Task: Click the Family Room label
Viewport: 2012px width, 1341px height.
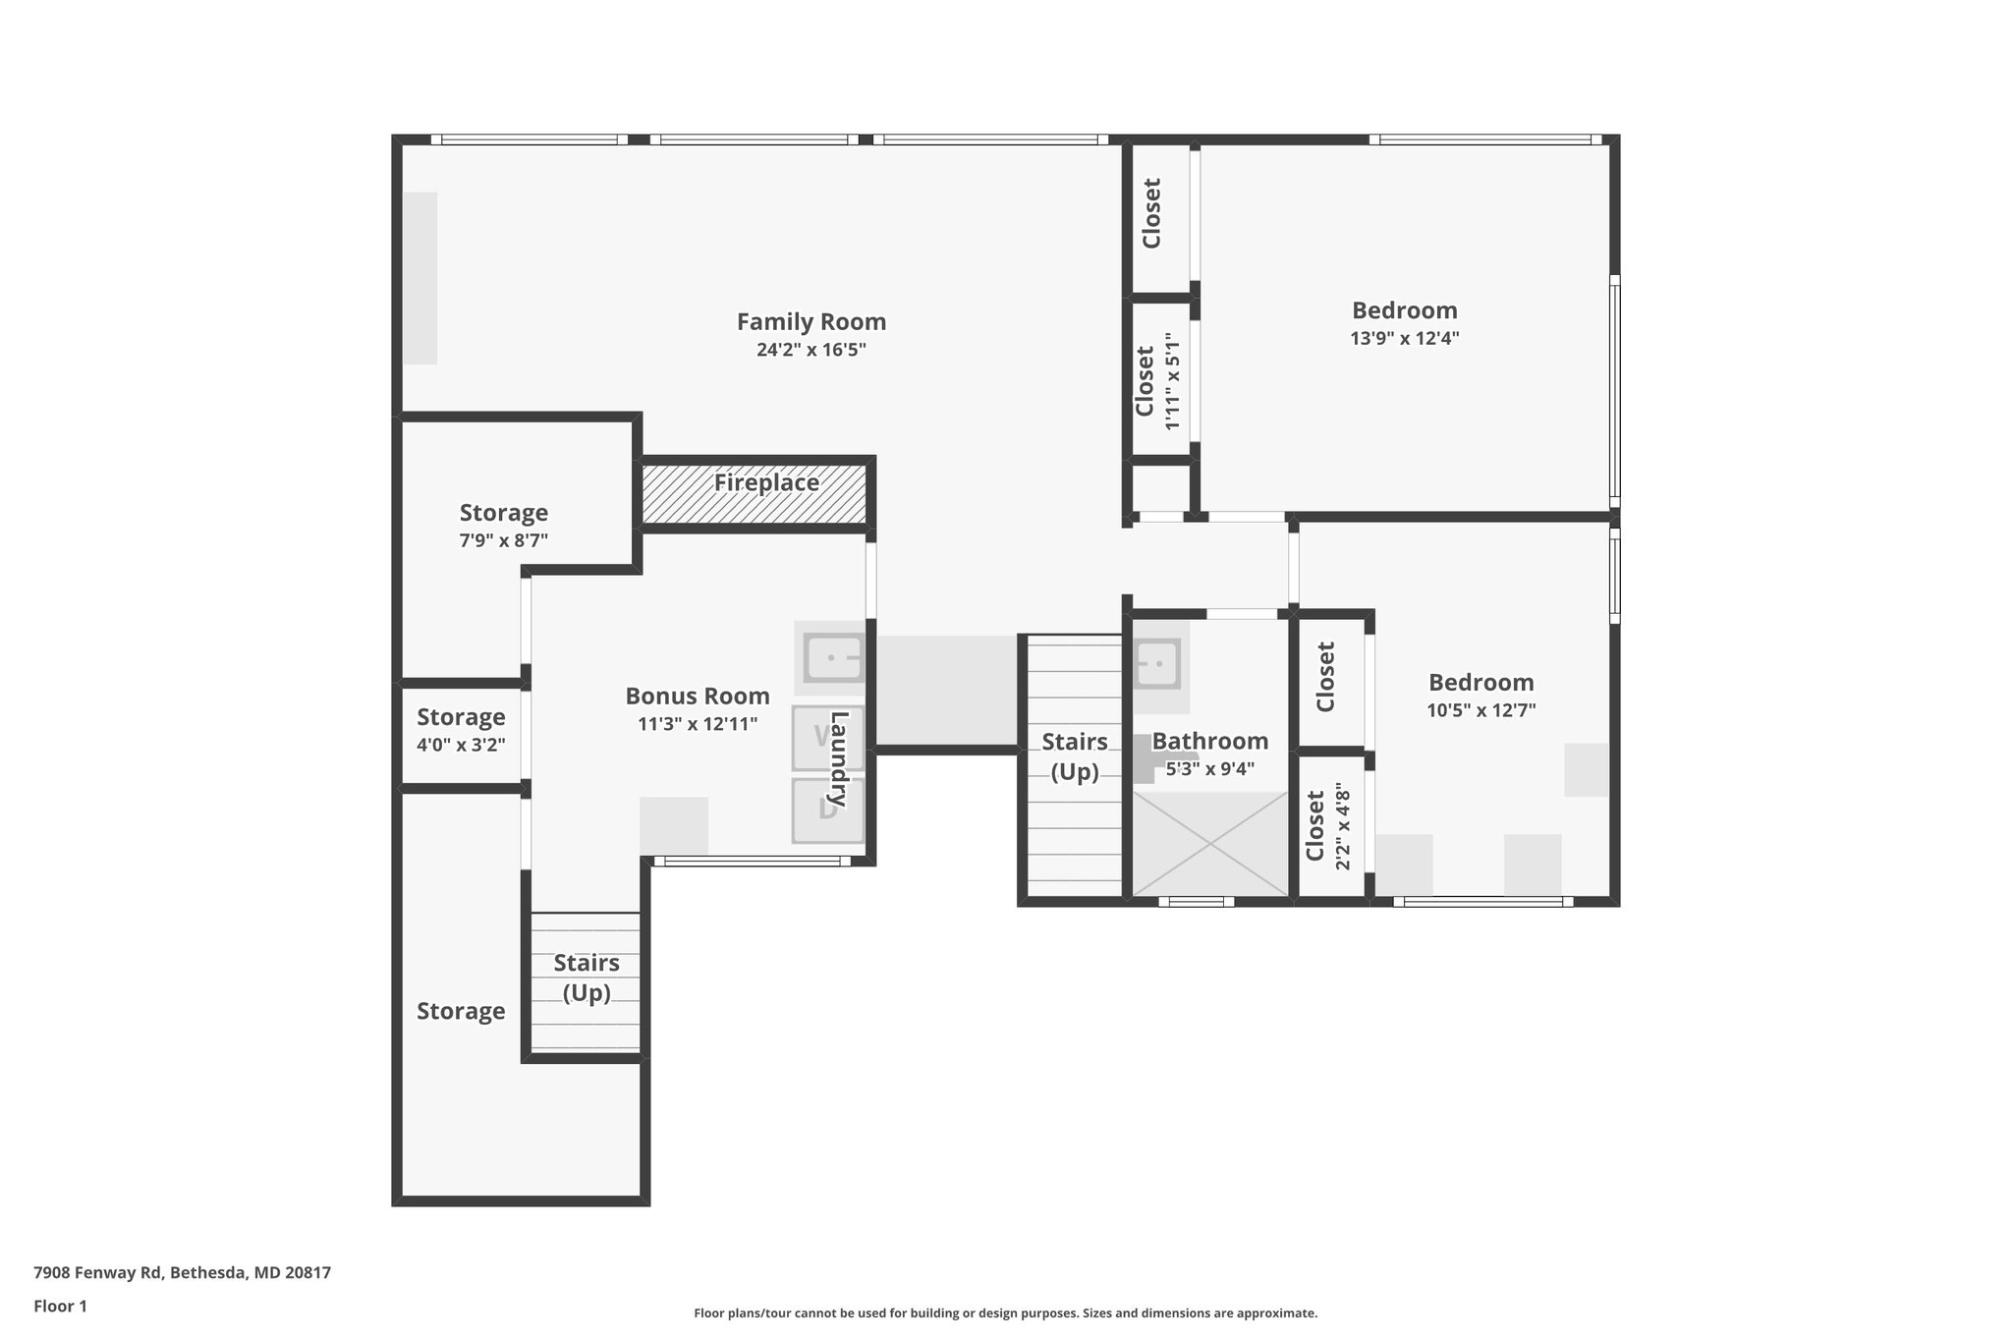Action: click(x=811, y=322)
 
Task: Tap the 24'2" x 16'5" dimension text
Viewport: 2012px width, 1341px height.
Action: click(x=811, y=350)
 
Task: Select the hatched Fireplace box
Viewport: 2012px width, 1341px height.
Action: click(x=754, y=494)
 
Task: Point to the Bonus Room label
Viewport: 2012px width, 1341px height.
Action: click(x=698, y=697)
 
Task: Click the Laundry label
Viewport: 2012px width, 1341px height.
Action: click(x=839, y=760)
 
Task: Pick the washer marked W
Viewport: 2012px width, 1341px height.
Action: click(x=828, y=737)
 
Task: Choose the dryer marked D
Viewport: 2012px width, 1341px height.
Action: click(x=828, y=810)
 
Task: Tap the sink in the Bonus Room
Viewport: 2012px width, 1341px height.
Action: click(x=833, y=657)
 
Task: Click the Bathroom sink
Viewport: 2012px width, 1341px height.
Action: click(x=1156, y=664)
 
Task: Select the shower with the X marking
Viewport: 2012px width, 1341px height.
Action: click(x=1210, y=844)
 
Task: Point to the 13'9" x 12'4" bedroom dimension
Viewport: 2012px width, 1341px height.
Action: click(x=1405, y=338)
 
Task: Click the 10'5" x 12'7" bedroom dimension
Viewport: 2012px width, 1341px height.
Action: click(x=1481, y=710)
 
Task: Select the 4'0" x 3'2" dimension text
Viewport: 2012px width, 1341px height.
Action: click(x=461, y=745)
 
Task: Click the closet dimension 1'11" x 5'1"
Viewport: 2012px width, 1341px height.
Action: click(x=1171, y=380)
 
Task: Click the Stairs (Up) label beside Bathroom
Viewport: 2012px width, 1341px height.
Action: click(x=1075, y=756)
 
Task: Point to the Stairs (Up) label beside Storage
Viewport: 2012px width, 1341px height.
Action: click(x=587, y=978)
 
